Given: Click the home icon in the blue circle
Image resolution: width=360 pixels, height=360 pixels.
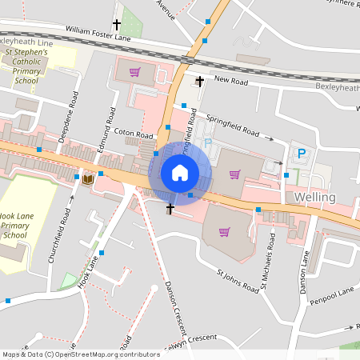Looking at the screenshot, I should (179, 173).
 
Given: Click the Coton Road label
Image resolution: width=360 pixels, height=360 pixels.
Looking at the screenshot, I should (133, 134).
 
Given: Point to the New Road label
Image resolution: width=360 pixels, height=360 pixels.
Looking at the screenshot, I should (233, 81).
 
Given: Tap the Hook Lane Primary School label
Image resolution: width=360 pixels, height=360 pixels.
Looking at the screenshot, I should (18, 226).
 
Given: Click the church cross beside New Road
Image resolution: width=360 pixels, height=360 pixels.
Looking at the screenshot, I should (199, 81).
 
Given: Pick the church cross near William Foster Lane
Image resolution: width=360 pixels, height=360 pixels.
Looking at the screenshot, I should (118, 25).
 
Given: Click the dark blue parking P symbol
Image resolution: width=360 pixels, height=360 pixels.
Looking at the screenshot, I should (302, 154).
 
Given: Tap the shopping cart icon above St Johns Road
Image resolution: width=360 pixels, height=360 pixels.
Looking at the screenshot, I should (224, 232).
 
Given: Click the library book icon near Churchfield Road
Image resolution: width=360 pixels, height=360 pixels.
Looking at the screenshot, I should (88, 179).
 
